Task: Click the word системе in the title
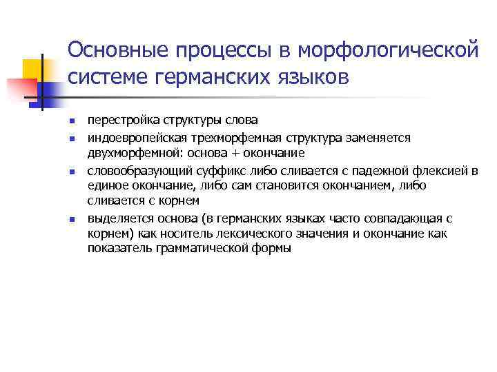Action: pyautogui.click(x=113, y=77)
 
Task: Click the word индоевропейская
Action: pyautogui.click(x=128, y=138)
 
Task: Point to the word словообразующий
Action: pyautogui.click(x=130, y=169)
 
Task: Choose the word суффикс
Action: pyautogui.click(x=201, y=169)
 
